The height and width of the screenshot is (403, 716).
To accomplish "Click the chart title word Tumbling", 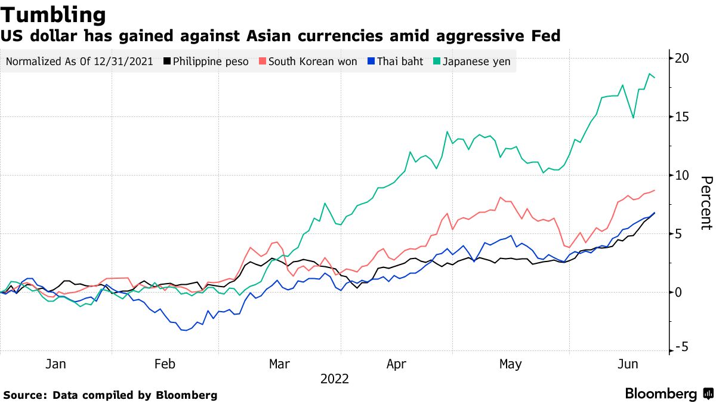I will pos(54,14).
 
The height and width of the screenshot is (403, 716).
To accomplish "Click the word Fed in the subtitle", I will pos(545,36).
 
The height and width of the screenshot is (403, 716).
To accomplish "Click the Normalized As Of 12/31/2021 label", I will pos(79,61).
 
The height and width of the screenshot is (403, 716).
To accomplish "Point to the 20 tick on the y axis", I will pos(682,59).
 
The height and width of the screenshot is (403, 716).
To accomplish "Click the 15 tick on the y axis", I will pos(682,117).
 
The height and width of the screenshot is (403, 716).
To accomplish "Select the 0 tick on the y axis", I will pos(679,292).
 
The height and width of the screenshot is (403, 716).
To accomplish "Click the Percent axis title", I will pos(706,203).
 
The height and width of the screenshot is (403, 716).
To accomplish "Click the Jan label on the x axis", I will pos(55,364).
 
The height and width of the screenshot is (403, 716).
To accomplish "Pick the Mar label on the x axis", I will pos(279,364).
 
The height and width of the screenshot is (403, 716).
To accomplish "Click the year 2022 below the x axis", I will pos(335,379).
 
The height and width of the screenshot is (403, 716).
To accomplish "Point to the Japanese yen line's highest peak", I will pos(649,74).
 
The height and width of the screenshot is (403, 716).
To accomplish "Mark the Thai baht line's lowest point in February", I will pos(185,330).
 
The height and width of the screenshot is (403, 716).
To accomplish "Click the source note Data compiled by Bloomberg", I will pos(135,395).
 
